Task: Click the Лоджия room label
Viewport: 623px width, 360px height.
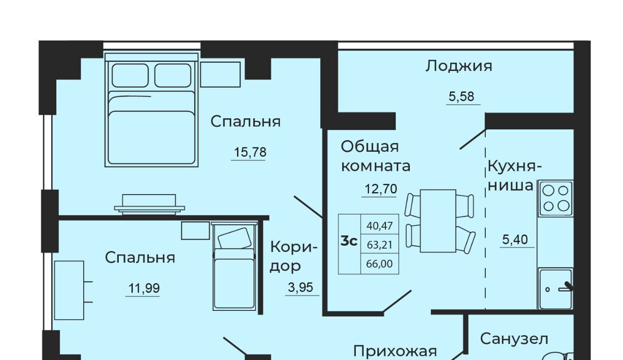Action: (x=458, y=67)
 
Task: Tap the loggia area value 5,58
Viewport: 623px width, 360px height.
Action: (x=461, y=96)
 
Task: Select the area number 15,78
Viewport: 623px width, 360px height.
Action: (x=250, y=152)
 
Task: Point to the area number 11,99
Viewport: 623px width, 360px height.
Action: (x=144, y=288)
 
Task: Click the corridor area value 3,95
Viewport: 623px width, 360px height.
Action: (x=300, y=287)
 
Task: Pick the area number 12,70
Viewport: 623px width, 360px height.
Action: (x=381, y=189)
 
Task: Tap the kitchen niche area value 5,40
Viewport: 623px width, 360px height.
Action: (x=515, y=239)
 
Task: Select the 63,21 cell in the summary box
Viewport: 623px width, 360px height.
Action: (x=380, y=245)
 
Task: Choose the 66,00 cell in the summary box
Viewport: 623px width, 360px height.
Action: (x=379, y=264)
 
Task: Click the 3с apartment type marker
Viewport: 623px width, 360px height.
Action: (x=349, y=241)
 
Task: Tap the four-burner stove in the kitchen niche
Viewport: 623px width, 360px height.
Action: (x=556, y=198)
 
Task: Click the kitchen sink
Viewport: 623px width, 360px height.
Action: (x=556, y=288)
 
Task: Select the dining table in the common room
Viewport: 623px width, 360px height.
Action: (x=438, y=221)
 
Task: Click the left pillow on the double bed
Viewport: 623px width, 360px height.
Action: (x=130, y=75)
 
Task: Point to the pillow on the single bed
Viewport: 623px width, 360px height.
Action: (x=235, y=238)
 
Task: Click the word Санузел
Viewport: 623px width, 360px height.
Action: (x=514, y=339)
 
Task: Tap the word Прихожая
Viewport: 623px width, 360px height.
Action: (x=395, y=351)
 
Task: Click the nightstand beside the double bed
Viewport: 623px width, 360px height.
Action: (x=220, y=74)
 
